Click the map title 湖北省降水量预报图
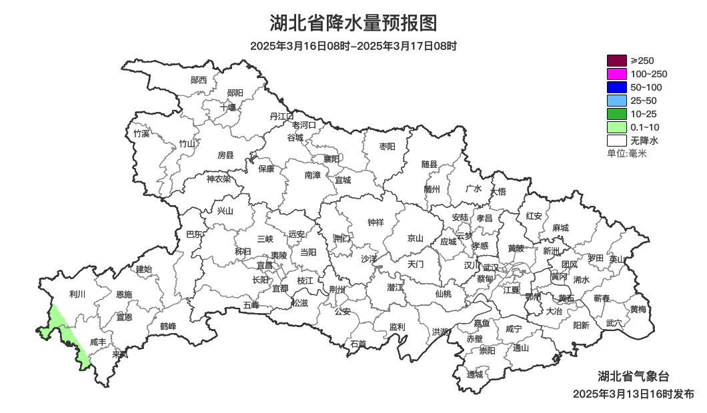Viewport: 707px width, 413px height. coord(353,23)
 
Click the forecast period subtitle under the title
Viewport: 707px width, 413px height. coord(353,46)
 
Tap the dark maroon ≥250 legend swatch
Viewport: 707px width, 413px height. coord(616,61)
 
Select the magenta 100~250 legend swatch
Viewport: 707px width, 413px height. coord(616,74)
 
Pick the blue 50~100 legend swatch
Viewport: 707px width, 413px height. coord(616,87)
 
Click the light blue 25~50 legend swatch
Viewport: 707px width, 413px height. coord(616,101)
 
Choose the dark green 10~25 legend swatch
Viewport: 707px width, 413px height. coord(616,114)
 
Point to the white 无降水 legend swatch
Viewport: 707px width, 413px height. coord(616,141)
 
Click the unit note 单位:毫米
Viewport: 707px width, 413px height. coord(627,154)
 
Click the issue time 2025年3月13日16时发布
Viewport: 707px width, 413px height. coord(633,394)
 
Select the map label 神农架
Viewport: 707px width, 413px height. coord(218,179)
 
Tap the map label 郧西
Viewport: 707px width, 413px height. coord(199,80)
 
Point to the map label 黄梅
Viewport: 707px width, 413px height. coord(638,309)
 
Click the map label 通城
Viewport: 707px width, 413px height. coord(474,374)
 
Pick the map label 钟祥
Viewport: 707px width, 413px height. coord(376,222)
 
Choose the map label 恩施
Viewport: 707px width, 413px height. coord(124,294)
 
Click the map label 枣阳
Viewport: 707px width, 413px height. coord(387,146)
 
